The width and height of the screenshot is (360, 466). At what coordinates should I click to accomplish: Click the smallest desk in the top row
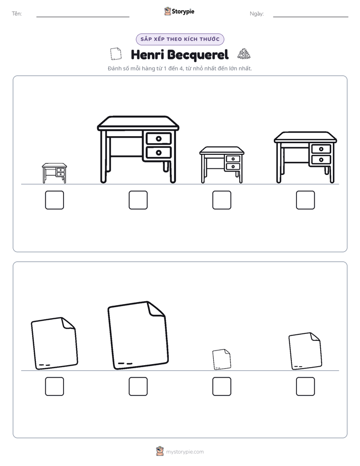tap(54, 173)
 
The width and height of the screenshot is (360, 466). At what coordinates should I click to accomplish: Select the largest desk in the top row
tap(138, 149)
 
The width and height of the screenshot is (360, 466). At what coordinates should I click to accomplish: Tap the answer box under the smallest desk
tap(54, 200)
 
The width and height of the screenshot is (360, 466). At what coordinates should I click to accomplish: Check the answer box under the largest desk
tap(138, 200)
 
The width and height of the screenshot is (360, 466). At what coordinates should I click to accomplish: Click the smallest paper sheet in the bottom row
tap(221, 359)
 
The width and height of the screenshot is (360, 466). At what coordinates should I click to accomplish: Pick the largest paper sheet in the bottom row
tap(138, 335)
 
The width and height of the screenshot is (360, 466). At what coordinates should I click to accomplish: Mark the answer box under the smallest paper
tap(221, 386)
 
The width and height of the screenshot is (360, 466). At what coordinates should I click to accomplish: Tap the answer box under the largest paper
tap(138, 386)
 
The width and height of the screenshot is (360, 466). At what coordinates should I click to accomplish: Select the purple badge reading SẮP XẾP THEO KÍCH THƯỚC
tap(180, 39)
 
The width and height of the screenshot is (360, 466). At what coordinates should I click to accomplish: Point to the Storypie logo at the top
tap(179, 11)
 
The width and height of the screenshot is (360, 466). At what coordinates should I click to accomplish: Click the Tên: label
tap(17, 14)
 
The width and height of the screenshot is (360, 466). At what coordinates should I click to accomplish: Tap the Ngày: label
tap(257, 14)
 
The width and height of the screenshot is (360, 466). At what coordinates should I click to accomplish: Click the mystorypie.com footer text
tap(185, 452)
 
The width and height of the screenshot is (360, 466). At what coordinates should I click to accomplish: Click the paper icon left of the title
tap(116, 54)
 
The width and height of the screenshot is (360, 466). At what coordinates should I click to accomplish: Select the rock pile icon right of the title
tap(244, 54)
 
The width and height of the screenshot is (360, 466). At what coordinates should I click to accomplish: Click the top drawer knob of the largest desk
tap(159, 139)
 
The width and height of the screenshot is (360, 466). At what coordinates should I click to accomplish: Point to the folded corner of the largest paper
tap(156, 309)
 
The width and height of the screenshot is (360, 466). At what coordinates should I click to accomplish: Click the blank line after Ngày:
tap(311, 17)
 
